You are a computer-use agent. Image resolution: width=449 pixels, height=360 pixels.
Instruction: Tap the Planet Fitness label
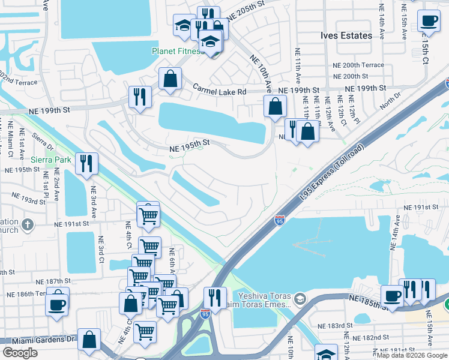pyautogui.click(x=177, y=51)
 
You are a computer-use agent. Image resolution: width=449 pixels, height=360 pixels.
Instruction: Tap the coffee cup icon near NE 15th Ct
pyautogui.click(x=429, y=22)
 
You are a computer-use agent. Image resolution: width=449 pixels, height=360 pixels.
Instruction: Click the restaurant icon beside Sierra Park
pyautogui.click(x=86, y=163)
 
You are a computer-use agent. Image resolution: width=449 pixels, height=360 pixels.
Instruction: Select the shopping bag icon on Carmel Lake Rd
pyautogui.click(x=170, y=78)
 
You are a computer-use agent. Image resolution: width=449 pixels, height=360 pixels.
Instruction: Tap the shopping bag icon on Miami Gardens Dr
pyautogui.click(x=89, y=340)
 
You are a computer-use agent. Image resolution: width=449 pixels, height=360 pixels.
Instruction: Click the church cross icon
pyautogui.click(x=26, y=226)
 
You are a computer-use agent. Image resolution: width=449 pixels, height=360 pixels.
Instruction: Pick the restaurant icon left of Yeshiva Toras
pyautogui.click(x=214, y=298)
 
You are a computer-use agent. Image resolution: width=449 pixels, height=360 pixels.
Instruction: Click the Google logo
pyautogui.click(x=20, y=352)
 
